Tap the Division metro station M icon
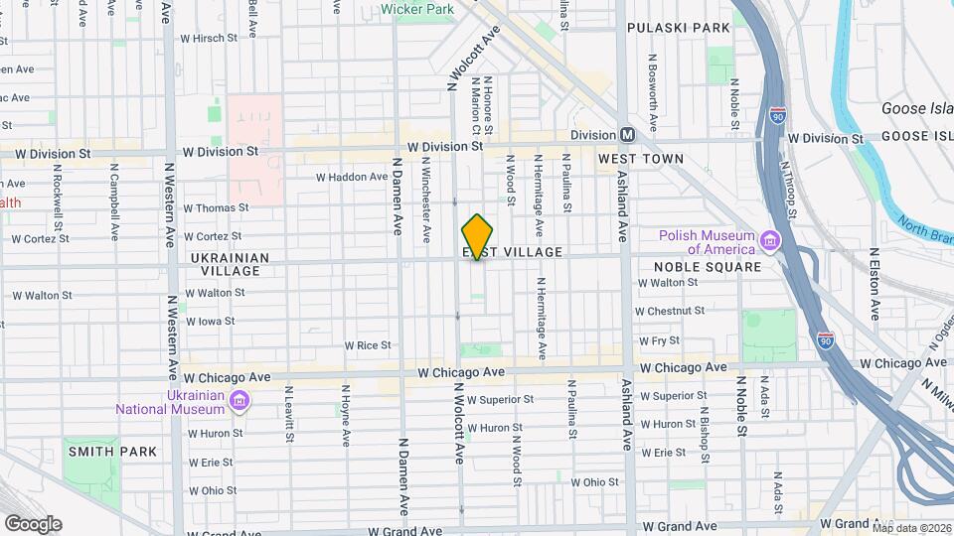(627, 135)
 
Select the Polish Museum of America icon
(769, 241)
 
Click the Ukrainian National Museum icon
(238, 401)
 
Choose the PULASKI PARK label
(679, 28)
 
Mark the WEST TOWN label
(641, 159)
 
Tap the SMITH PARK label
(112, 452)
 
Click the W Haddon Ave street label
(352, 178)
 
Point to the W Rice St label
(368, 345)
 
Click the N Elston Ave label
(874, 284)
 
